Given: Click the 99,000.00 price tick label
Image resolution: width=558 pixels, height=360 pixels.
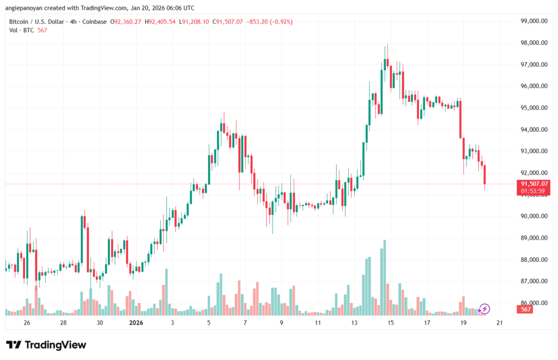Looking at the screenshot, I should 534,21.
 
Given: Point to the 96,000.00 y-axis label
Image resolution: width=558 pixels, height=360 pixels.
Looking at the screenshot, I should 534,86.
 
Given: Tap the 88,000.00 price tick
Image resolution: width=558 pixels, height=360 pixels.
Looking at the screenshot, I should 534,260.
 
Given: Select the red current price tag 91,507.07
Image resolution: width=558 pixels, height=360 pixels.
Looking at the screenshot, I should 534,184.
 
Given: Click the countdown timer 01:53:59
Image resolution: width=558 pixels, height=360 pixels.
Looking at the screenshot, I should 534,191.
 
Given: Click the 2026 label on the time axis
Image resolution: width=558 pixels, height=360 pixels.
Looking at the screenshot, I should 136,323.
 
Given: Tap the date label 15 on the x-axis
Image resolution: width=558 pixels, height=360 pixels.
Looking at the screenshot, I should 390,323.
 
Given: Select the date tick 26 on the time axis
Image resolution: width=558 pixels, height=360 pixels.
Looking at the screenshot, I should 27,323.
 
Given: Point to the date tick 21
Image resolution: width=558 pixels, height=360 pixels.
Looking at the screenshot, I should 499,323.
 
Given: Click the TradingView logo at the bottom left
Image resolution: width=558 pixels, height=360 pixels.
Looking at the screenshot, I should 46,345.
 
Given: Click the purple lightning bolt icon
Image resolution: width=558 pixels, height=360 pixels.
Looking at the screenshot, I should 484,309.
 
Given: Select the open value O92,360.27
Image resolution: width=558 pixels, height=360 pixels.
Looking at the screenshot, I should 126,22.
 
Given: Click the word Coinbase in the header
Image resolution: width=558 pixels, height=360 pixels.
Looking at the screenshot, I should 95,22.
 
